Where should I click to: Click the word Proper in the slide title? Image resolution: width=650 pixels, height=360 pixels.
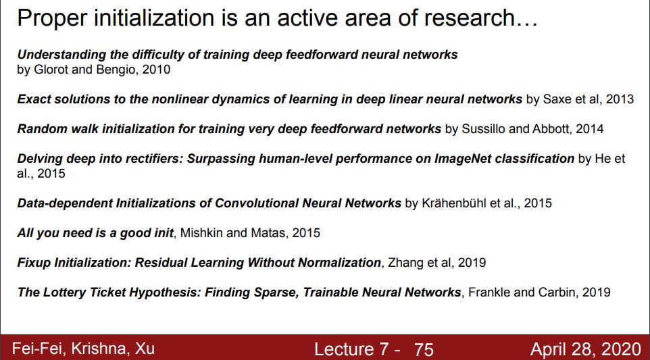point(52,19)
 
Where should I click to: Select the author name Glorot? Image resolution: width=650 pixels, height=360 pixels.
point(51,69)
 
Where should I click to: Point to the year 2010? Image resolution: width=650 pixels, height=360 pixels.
point(156,69)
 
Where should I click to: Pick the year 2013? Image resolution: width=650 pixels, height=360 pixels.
point(620,99)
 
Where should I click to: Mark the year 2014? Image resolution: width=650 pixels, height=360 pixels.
point(589,129)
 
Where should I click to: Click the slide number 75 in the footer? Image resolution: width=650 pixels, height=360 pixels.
point(424,350)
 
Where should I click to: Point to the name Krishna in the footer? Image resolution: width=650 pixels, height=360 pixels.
point(99,349)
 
